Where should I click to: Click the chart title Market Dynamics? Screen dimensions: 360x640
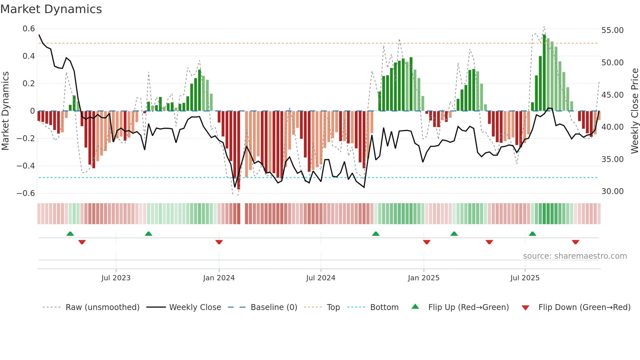(x=51, y=9)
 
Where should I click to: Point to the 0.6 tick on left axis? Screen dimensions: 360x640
(x=29, y=29)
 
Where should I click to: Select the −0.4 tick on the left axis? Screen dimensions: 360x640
(x=26, y=166)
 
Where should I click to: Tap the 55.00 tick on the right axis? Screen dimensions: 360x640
(x=612, y=30)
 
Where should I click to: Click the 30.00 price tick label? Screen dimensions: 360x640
(x=612, y=191)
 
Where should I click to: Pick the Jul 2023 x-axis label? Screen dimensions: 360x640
(x=116, y=278)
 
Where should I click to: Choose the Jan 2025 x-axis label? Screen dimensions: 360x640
(x=424, y=278)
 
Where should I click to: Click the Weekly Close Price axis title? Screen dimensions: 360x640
(x=634, y=111)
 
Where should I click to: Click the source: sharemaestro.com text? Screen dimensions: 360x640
(x=575, y=256)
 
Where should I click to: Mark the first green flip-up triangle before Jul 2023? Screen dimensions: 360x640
(x=70, y=234)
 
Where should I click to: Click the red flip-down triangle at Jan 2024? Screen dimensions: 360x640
(x=219, y=242)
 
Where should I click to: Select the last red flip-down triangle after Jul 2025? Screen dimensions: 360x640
(x=575, y=242)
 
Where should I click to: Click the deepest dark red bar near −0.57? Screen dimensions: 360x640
(x=239, y=150)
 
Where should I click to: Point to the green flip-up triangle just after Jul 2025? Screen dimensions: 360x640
(x=532, y=234)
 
